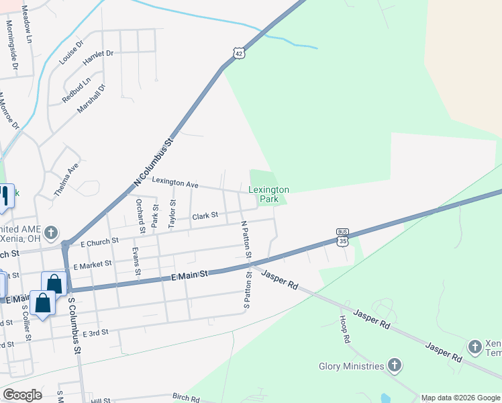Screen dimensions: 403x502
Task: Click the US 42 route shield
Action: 240,52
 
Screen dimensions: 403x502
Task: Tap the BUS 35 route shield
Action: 343,237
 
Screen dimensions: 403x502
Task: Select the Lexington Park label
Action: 268,195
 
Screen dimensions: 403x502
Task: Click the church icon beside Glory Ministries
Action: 395,366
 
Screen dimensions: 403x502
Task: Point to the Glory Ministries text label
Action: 352,366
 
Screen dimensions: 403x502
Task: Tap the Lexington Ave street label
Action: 175,183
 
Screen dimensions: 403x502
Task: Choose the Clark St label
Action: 205,216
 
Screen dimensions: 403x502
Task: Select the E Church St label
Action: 99,240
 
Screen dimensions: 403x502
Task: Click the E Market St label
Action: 93,265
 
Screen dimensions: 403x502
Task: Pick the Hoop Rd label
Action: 344,330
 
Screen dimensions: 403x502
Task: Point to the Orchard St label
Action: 140,215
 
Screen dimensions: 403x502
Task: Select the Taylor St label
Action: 172,212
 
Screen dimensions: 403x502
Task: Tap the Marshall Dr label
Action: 93,98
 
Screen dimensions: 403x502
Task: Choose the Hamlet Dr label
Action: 99,58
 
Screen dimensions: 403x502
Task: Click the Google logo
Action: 22,395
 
